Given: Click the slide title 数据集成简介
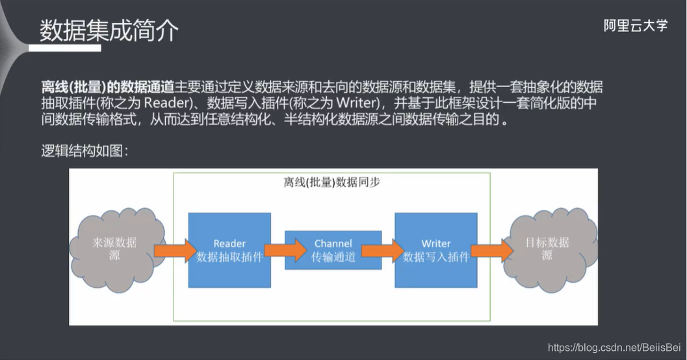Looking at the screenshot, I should click(109, 31).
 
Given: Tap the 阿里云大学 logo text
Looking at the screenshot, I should click(635, 26).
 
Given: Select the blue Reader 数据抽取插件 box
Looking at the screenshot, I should click(229, 250).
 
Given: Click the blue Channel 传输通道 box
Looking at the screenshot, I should click(333, 250).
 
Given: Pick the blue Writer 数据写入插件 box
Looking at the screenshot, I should click(435, 250).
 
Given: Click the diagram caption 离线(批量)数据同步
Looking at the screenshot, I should click(332, 183).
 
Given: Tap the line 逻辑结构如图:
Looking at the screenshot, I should click(84, 151).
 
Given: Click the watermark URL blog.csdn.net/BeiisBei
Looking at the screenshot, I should click(614, 348).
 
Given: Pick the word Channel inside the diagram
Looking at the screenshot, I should click(333, 243).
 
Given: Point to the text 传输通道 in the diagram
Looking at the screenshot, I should click(333, 257).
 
